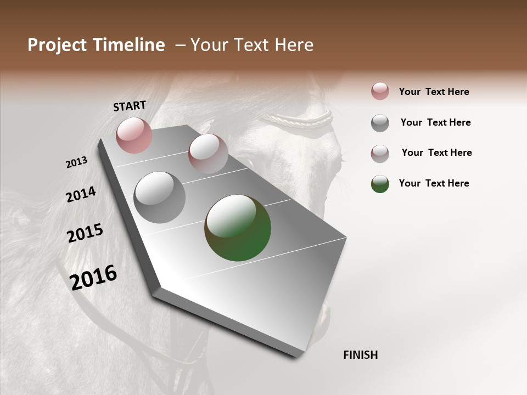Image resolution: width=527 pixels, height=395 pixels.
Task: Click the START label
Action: click(130, 106)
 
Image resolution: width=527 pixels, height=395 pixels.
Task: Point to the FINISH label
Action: click(361, 355)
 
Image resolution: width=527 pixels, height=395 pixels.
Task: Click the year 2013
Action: click(76, 162)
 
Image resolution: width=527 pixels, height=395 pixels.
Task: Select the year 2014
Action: click(81, 194)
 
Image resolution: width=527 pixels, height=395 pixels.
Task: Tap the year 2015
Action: click(85, 233)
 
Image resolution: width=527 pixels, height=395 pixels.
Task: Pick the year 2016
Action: click(93, 277)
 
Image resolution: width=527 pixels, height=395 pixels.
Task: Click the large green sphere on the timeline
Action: click(238, 228)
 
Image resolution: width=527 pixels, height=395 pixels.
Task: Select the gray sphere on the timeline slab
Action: click(160, 198)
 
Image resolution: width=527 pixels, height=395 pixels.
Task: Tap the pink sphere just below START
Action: click(134, 135)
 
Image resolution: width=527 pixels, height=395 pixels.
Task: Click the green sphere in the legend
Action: click(380, 184)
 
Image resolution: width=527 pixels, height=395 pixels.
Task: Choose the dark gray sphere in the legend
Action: click(380, 123)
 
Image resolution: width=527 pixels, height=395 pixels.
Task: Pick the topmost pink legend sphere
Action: click(380, 92)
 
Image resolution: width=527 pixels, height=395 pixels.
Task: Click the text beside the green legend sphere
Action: click(434, 183)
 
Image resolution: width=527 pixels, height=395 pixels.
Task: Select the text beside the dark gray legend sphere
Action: click(435, 122)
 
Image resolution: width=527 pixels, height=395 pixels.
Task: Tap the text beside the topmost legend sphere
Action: click(434, 92)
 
